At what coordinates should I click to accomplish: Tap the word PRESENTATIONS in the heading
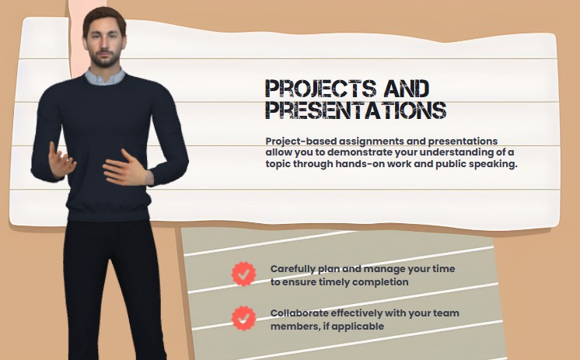click(355, 109)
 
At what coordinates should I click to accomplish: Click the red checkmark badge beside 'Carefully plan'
click(244, 274)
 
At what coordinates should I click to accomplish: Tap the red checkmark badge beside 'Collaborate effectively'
click(244, 318)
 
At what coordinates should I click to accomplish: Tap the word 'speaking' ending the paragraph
click(494, 164)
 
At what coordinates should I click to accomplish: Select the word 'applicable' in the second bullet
click(357, 327)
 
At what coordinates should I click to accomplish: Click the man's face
click(105, 43)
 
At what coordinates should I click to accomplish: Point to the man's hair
click(103, 16)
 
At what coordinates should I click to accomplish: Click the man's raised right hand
click(61, 159)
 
